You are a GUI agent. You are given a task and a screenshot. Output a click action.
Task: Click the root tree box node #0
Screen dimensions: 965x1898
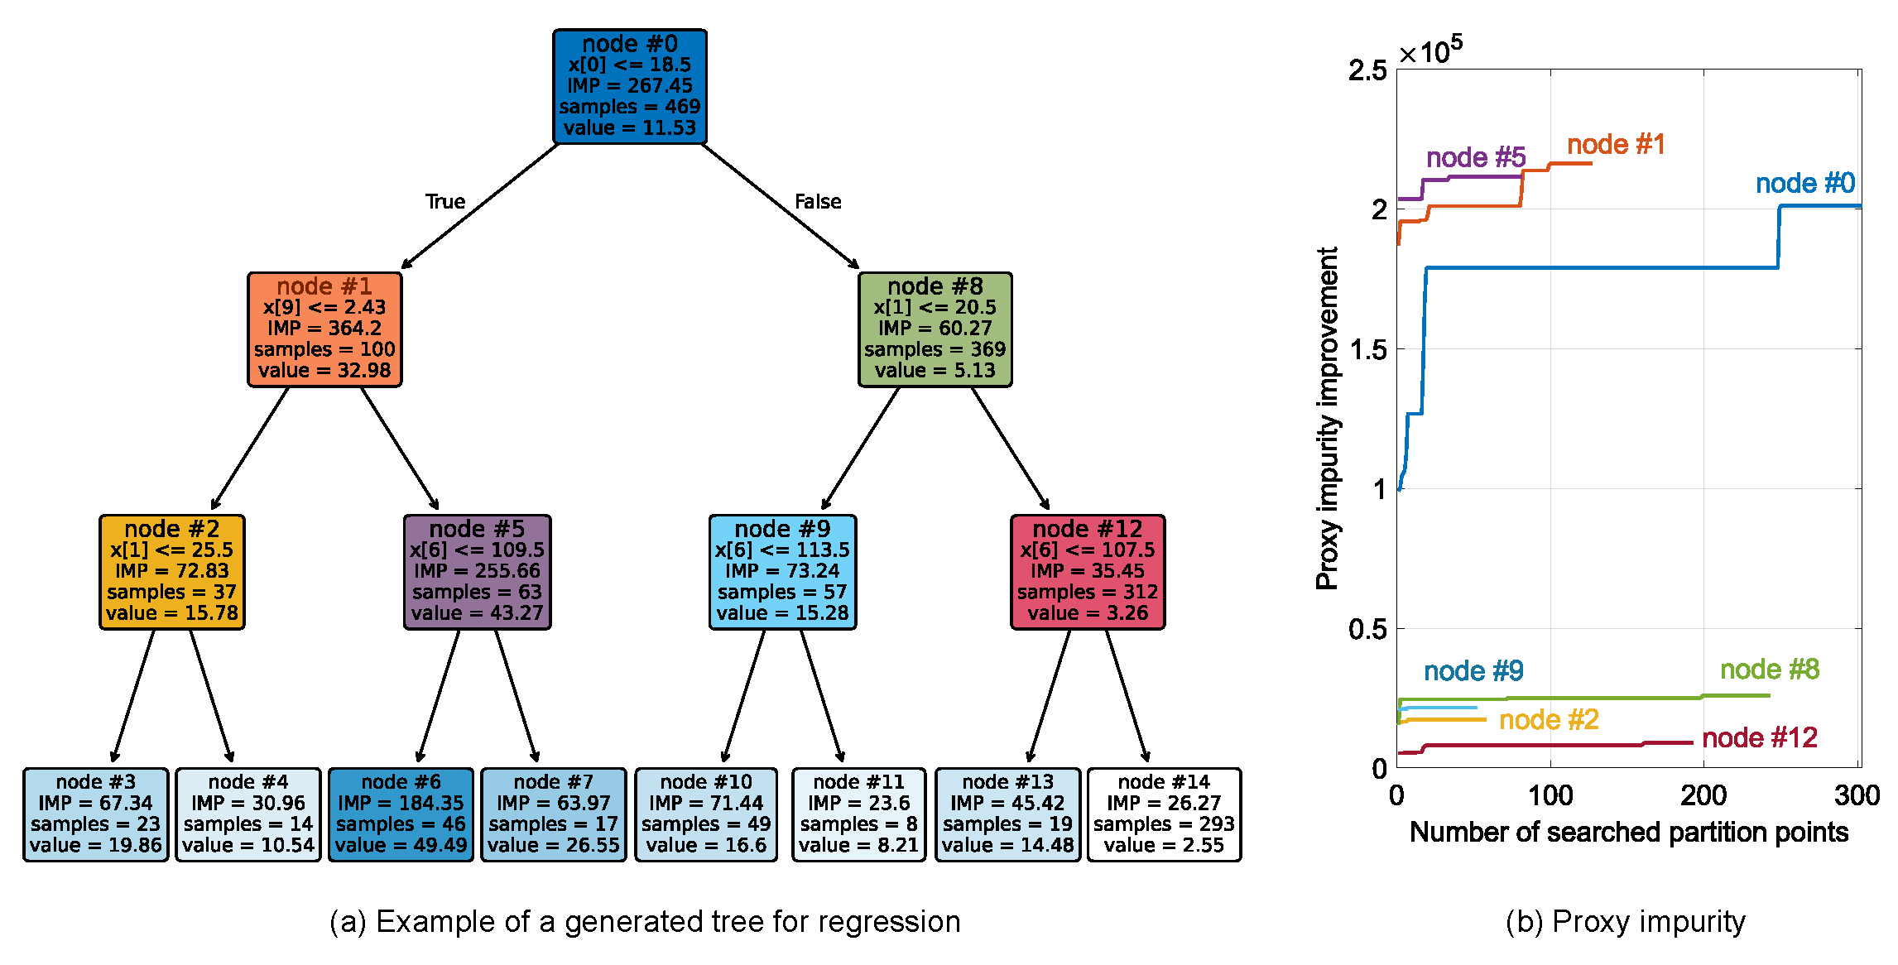[x=629, y=86]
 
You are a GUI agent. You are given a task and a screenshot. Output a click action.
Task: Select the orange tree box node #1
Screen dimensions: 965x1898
[x=324, y=329]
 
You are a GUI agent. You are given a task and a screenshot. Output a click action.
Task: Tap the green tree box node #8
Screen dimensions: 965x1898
[x=935, y=329]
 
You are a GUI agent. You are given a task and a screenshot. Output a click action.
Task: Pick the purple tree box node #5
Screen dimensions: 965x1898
[x=477, y=571]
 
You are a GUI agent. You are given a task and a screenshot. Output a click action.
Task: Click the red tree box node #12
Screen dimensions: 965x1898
[x=1087, y=571]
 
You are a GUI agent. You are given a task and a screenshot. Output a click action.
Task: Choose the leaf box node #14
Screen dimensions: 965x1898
[x=1163, y=814]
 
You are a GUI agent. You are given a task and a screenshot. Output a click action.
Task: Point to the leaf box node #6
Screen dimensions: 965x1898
[x=401, y=814]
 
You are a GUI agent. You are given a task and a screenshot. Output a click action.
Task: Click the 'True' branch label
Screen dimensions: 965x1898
[x=445, y=202]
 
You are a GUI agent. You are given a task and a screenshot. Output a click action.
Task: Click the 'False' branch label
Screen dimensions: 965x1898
[x=818, y=202]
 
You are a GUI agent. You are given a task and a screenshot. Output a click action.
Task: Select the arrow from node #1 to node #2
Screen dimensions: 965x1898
[x=250, y=449]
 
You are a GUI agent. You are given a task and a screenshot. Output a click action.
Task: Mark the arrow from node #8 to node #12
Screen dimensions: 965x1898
[x=1010, y=449]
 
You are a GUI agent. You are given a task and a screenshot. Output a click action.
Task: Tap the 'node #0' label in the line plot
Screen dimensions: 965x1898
[x=1804, y=183]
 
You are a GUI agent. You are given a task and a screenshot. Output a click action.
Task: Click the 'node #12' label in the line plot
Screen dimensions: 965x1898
[x=1759, y=737]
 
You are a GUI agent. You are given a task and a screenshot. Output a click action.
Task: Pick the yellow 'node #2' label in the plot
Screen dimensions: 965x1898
[x=1549, y=719]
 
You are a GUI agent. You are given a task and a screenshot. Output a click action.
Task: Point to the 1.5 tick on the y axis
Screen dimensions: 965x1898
[x=1367, y=349]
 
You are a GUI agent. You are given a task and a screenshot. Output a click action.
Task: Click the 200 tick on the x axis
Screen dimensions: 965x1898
[x=1703, y=796]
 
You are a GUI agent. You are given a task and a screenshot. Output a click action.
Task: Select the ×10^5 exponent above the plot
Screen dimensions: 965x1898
[x=1430, y=51]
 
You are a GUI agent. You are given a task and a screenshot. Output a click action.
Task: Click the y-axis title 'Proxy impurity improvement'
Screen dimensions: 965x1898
[x=1327, y=418]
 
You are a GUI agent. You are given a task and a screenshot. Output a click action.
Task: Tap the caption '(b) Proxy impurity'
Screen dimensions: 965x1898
[x=1625, y=921]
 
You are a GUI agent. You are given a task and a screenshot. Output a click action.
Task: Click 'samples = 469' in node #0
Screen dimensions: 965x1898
[x=629, y=107]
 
